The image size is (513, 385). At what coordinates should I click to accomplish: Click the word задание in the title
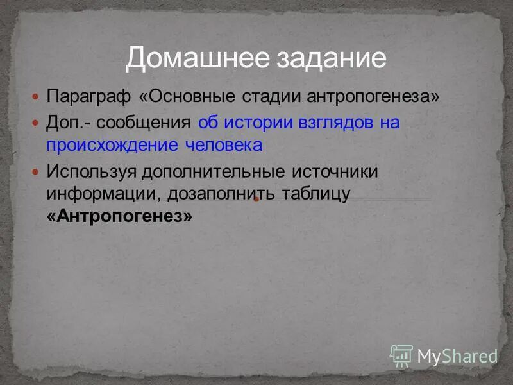click(x=332, y=58)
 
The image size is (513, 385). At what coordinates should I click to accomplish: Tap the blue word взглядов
click(x=337, y=123)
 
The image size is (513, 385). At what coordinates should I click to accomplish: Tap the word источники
click(x=335, y=172)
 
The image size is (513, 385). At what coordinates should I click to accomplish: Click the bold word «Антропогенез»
click(x=119, y=216)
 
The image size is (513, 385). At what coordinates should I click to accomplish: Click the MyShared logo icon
click(x=401, y=355)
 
